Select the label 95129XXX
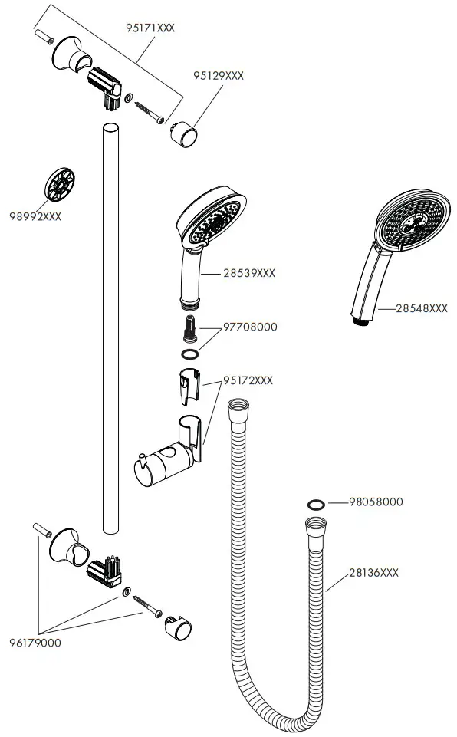(x=219, y=75)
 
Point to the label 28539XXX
(x=249, y=272)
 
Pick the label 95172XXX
(x=248, y=380)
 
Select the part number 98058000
(x=376, y=502)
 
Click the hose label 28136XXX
(x=374, y=573)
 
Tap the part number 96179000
(x=36, y=643)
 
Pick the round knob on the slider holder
(x=141, y=464)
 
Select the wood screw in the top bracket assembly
(x=148, y=112)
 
